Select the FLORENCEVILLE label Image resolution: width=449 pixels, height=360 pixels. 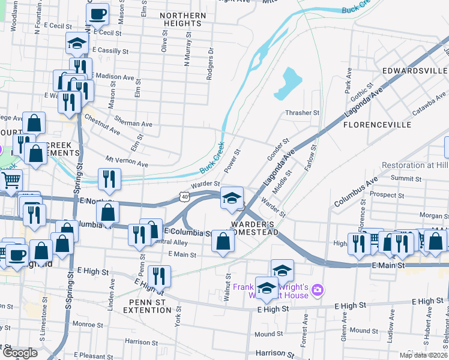point(377,125)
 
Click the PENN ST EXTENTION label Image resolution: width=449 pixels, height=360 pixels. point(147,305)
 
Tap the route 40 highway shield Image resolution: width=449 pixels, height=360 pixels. point(184,196)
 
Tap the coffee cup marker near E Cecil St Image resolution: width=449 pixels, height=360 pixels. point(97,13)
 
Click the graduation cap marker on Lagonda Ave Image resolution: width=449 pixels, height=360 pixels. point(232,197)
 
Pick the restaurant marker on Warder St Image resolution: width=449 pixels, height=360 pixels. point(110,178)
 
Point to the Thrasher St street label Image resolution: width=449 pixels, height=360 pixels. point(303,112)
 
